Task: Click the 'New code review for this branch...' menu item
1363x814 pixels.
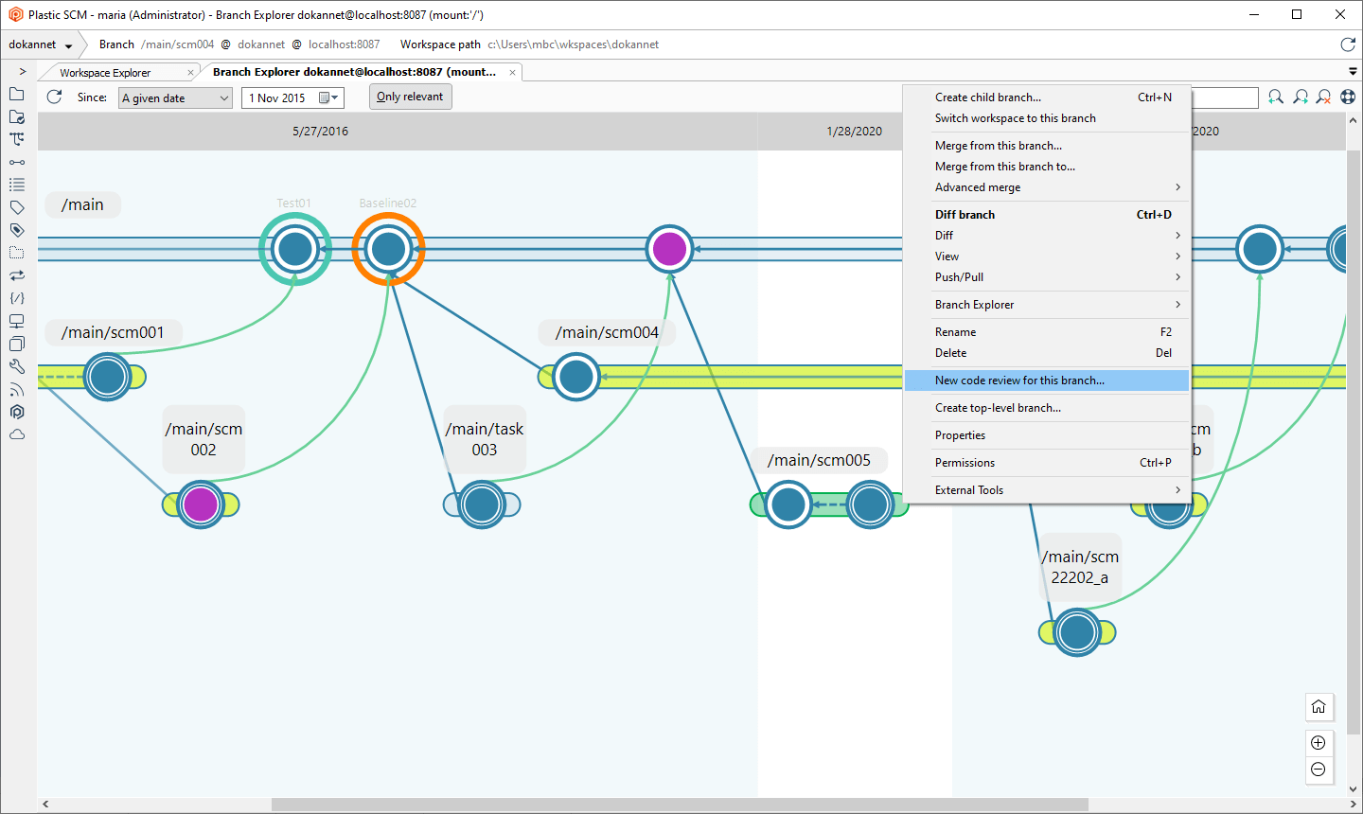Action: tap(1019, 380)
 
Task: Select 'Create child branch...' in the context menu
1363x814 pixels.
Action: tap(988, 97)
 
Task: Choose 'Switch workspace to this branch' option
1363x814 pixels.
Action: tap(1015, 118)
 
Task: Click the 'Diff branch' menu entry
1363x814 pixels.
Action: tap(965, 215)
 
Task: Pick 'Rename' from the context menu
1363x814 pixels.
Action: tap(955, 332)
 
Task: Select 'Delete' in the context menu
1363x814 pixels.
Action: tap(950, 353)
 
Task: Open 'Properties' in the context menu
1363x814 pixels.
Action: tap(960, 435)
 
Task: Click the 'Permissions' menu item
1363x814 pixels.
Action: tap(965, 463)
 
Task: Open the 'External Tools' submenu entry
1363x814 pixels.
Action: tap(969, 490)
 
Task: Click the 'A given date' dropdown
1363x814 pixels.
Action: tap(176, 98)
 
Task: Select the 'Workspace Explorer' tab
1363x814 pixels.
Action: tap(105, 73)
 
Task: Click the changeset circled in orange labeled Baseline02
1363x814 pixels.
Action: tap(388, 249)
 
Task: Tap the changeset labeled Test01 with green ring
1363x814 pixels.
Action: tap(295, 249)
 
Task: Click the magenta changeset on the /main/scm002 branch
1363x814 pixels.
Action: tap(201, 504)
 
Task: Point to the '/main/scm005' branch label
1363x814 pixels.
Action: tap(819, 461)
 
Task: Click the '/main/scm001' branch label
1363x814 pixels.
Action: tap(113, 333)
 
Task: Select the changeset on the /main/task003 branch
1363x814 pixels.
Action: tap(482, 504)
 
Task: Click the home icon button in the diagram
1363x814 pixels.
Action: tap(1319, 707)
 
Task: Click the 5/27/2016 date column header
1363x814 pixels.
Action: tap(320, 132)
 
